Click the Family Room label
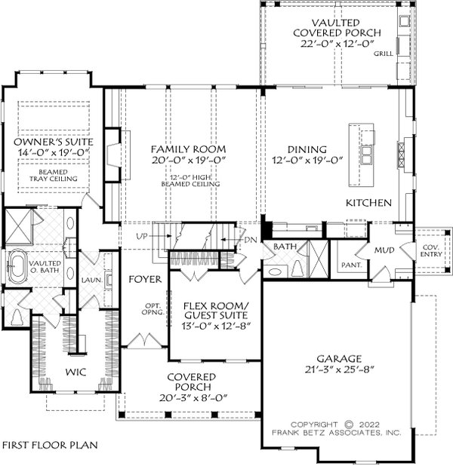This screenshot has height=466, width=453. click(188, 149)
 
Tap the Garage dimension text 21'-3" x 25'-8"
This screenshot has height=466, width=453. click(339, 369)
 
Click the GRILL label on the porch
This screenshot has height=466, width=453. click(384, 54)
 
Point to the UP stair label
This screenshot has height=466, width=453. click(142, 237)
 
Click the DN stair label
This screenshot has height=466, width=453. click(251, 240)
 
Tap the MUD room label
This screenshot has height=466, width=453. click(384, 250)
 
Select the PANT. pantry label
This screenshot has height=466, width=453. click(352, 265)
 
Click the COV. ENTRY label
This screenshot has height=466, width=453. click(431, 251)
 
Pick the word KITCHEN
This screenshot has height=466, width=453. click(368, 203)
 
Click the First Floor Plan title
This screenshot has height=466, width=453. click(50, 445)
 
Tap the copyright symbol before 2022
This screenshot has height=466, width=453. click(349, 425)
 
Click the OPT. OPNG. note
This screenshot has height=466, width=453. click(153, 309)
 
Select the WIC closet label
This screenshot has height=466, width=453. click(75, 372)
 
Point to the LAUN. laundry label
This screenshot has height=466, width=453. click(92, 280)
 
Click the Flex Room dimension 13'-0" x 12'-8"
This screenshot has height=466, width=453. click(217, 326)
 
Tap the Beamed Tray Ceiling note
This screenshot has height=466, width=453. click(54, 176)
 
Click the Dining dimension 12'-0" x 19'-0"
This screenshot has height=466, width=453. click(307, 160)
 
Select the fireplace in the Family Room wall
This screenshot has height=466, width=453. click(113, 155)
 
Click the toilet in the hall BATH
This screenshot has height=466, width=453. click(297, 268)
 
